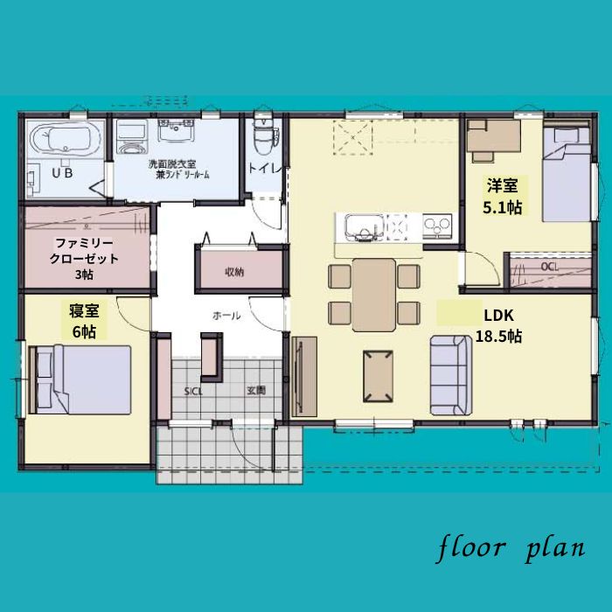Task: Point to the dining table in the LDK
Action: (x=374, y=294)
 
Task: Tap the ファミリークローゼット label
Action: (x=84, y=258)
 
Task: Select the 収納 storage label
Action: (x=233, y=271)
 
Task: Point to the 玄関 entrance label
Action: (x=255, y=390)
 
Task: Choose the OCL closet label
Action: (x=549, y=266)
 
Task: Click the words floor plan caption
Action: (x=511, y=549)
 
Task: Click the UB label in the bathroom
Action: (x=62, y=173)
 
